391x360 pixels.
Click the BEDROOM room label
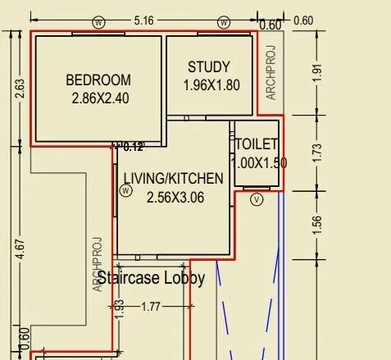98,80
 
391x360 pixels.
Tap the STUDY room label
209,67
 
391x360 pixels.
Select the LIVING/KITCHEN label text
174,179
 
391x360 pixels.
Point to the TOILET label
257,144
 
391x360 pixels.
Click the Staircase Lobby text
151,278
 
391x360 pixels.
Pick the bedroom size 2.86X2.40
100,98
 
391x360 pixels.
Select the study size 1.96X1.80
211,85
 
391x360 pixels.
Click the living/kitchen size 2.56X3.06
175,198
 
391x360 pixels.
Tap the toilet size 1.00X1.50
258,163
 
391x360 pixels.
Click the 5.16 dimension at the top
143,21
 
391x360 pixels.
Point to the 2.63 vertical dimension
20,89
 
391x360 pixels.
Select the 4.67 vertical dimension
20,249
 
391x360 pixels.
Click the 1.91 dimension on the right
317,73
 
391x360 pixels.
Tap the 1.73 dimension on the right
317,153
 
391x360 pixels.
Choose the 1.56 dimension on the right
317,226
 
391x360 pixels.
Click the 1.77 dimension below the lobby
151,307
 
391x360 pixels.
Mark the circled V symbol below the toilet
257,199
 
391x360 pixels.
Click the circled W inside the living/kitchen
125,190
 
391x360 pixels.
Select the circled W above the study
224,22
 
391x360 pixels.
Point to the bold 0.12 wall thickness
133,147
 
